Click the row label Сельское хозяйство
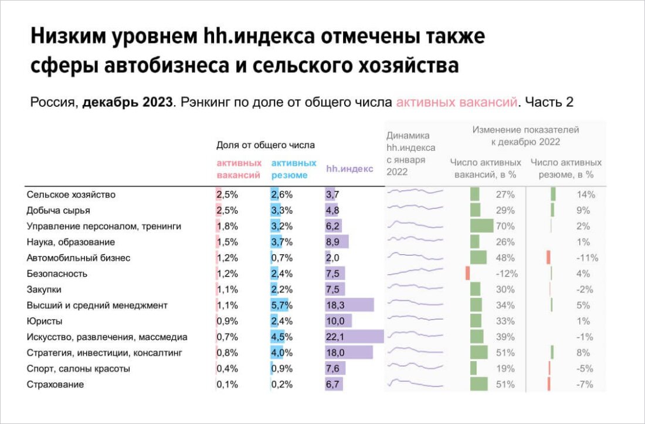(x=71, y=194)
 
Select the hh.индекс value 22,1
(x=337, y=337)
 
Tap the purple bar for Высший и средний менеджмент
(x=349, y=305)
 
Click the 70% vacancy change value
(x=505, y=226)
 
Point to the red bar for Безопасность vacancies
(x=468, y=274)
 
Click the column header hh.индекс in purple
(x=349, y=169)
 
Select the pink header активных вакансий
(x=239, y=169)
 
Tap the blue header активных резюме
(x=293, y=169)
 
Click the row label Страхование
(x=55, y=385)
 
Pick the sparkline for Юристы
(x=415, y=320)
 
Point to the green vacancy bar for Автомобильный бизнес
(x=478, y=258)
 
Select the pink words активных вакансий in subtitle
(x=457, y=102)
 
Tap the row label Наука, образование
(x=70, y=242)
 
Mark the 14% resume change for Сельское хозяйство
(x=586, y=194)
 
